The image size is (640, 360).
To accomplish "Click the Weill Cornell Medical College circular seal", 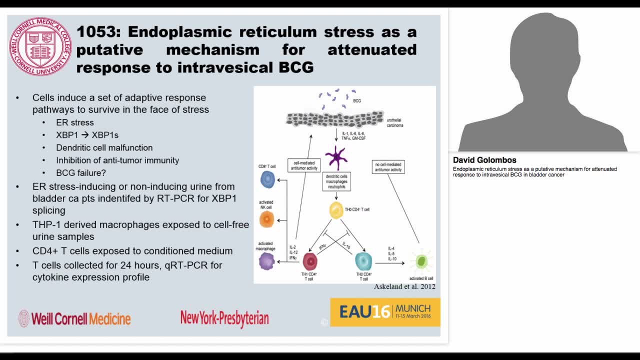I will click(40, 46).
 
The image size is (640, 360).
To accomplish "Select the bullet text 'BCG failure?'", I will click(81, 173).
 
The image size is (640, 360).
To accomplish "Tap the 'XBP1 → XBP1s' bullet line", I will click(87, 135).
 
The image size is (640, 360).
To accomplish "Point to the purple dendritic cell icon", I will click(336, 157).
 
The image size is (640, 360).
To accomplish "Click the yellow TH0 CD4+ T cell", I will click(336, 210).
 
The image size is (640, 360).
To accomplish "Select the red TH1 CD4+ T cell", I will click(310, 261).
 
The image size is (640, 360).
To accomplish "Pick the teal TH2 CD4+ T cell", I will click(363, 261).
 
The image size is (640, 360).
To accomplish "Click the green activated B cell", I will click(421, 261).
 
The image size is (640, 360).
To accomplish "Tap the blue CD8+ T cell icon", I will click(267, 179).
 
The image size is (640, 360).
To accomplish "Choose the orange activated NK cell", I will click(266, 219).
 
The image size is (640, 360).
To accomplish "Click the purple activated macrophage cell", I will click(266, 261).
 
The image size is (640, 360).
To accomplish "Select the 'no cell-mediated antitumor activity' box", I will click(388, 166).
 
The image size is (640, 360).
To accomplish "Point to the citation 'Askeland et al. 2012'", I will click(404, 286).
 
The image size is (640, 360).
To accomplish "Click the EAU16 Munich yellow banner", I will click(385, 312).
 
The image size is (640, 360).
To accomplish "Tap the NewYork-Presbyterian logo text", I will click(224, 318).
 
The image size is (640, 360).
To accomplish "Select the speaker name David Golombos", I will click(484, 160).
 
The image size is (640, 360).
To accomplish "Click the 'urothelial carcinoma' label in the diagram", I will click(395, 122).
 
